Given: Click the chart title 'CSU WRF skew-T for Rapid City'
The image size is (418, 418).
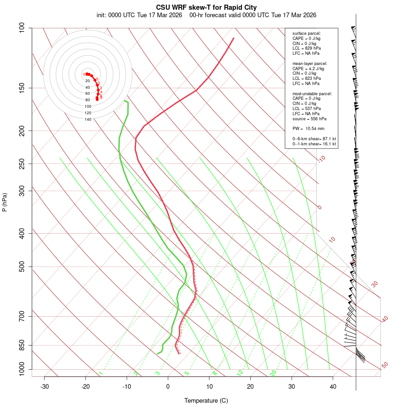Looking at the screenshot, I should pyautogui.click(x=209, y=7).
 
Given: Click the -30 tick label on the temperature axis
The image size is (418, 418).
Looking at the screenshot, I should pyautogui.click(x=45, y=386).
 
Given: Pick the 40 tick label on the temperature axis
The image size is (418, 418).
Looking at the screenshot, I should pyautogui.click(x=333, y=386).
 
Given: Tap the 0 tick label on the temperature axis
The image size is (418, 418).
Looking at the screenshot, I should pyautogui.click(x=168, y=386).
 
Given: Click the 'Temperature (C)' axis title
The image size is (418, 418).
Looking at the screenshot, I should pyautogui.click(x=206, y=400).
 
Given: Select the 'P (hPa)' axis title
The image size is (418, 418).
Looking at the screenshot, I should pyautogui.click(x=5, y=202).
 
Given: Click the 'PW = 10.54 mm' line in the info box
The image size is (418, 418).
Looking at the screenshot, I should pyautogui.click(x=308, y=129).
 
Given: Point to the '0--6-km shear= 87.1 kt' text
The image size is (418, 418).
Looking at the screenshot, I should pyautogui.click(x=314, y=139).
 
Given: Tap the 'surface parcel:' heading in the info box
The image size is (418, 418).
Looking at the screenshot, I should pyautogui.click(x=307, y=33).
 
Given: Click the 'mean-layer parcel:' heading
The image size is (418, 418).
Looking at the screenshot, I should pyautogui.click(x=310, y=63).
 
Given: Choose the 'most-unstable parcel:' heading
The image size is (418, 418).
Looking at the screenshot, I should pyautogui.click(x=312, y=93).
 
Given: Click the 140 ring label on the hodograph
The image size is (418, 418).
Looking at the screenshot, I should pyautogui.click(x=88, y=119).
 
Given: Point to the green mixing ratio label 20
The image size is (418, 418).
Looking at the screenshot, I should pyautogui.click(x=273, y=372).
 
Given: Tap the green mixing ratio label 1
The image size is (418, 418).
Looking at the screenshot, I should pyautogui.click(x=101, y=373).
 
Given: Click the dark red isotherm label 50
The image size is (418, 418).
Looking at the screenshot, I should pyautogui.click(x=385, y=366).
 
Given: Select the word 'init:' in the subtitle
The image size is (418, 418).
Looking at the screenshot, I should pyautogui.click(x=103, y=15).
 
